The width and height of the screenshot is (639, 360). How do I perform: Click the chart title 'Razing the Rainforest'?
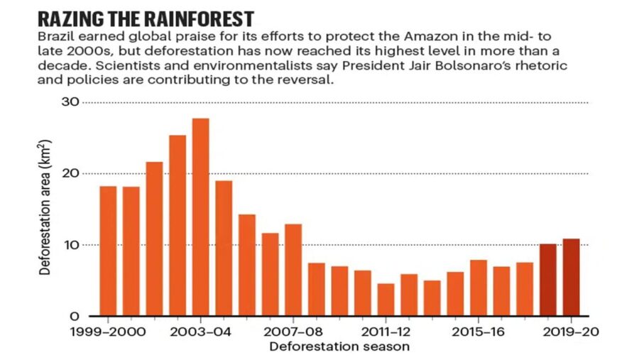click(x=146, y=18)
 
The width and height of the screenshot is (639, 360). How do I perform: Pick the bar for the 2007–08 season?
click(x=293, y=270)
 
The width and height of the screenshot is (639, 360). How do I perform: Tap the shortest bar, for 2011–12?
click(x=386, y=299)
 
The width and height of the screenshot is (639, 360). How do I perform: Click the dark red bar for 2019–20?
click(x=571, y=277)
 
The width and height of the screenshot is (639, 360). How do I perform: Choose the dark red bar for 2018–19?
click(x=547, y=280)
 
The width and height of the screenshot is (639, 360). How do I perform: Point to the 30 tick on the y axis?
click(x=70, y=102)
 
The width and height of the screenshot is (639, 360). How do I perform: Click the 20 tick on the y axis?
click(x=70, y=174)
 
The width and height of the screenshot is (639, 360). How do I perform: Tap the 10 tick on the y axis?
click(x=70, y=245)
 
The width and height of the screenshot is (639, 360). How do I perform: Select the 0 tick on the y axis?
click(x=73, y=317)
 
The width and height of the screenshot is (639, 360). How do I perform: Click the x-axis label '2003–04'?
click(x=200, y=332)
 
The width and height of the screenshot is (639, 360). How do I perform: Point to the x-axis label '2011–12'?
click(x=386, y=332)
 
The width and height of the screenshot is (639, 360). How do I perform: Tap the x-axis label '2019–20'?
click(x=571, y=332)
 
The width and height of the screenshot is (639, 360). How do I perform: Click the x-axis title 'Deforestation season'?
click(x=339, y=347)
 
